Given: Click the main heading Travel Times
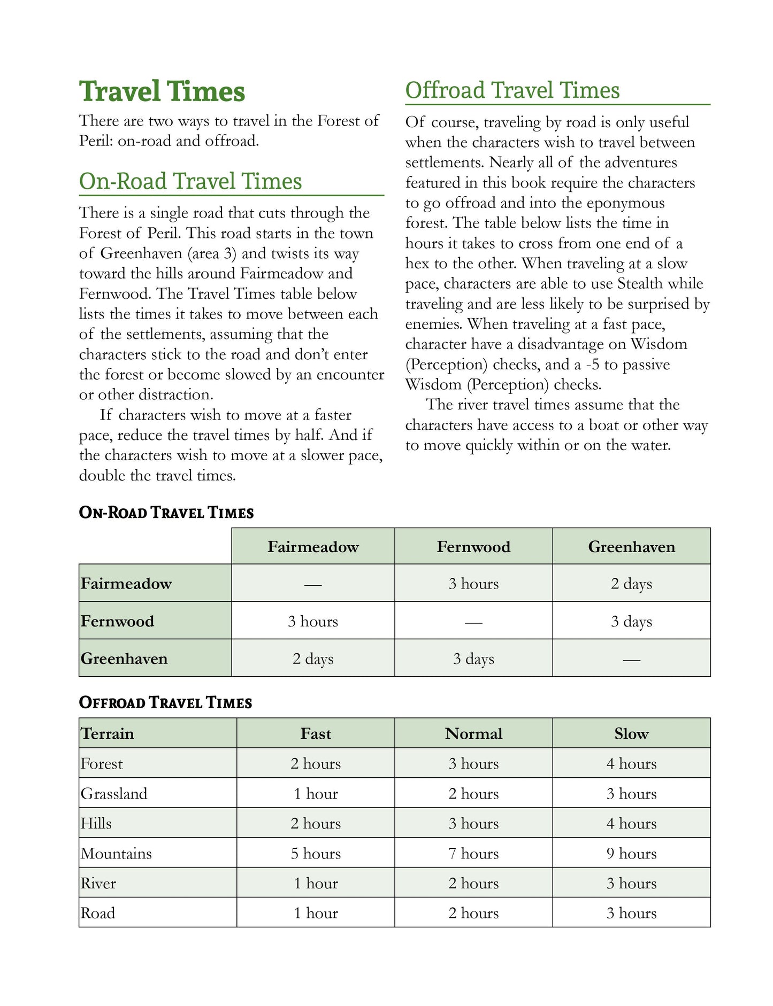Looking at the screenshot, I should [x=162, y=91].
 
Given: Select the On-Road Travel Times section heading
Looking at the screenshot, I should [x=190, y=181].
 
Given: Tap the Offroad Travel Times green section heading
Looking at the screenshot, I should [x=512, y=90].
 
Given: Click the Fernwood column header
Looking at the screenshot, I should [x=473, y=547].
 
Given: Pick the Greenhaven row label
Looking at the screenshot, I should [x=124, y=659].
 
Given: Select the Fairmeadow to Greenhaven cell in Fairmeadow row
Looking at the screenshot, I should [x=631, y=584].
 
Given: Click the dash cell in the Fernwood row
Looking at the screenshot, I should [x=473, y=622].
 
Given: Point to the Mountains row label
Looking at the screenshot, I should [x=116, y=854].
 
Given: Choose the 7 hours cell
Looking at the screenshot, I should [x=473, y=854].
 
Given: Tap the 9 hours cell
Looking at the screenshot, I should [x=631, y=854].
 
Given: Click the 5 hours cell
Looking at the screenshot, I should [x=316, y=854].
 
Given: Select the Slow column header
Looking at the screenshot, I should [x=631, y=734].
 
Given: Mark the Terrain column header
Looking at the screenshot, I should [x=108, y=734].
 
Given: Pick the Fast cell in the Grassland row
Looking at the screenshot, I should [x=316, y=794].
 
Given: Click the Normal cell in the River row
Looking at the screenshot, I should [x=473, y=884].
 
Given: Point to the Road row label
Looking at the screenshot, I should [x=98, y=914].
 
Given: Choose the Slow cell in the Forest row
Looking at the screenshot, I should [x=631, y=764].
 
